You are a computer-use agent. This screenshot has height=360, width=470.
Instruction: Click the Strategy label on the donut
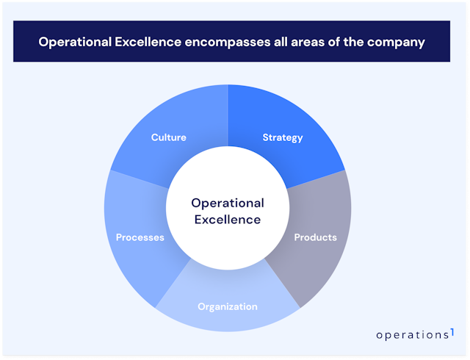(283, 137)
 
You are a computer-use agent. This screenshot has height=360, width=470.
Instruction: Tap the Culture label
(168, 137)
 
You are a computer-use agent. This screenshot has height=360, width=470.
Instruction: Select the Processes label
(140, 237)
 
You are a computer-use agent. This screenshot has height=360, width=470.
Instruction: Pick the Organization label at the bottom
(228, 306)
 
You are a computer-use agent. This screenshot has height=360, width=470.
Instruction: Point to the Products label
(316, 237)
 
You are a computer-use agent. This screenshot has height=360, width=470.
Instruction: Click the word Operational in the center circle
(228, 203)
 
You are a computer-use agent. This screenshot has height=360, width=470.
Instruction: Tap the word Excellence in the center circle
(228, 219)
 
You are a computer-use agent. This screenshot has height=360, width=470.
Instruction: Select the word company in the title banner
(399, 42)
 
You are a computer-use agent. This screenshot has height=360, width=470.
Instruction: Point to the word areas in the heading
(315, 42)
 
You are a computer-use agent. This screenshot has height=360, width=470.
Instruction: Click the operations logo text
(411, 334)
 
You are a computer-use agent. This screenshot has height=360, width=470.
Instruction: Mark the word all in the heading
(287, 42)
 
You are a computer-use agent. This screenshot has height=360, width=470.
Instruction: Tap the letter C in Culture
(154, 137)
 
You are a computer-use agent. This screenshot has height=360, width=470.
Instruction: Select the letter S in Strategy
(266, 137)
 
